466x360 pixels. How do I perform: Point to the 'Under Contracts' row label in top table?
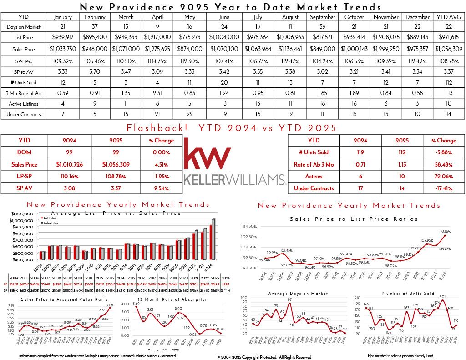23,114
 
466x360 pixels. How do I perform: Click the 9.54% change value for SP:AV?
161,188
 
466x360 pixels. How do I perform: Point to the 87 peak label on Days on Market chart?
289,299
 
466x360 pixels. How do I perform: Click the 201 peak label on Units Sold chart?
442,297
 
